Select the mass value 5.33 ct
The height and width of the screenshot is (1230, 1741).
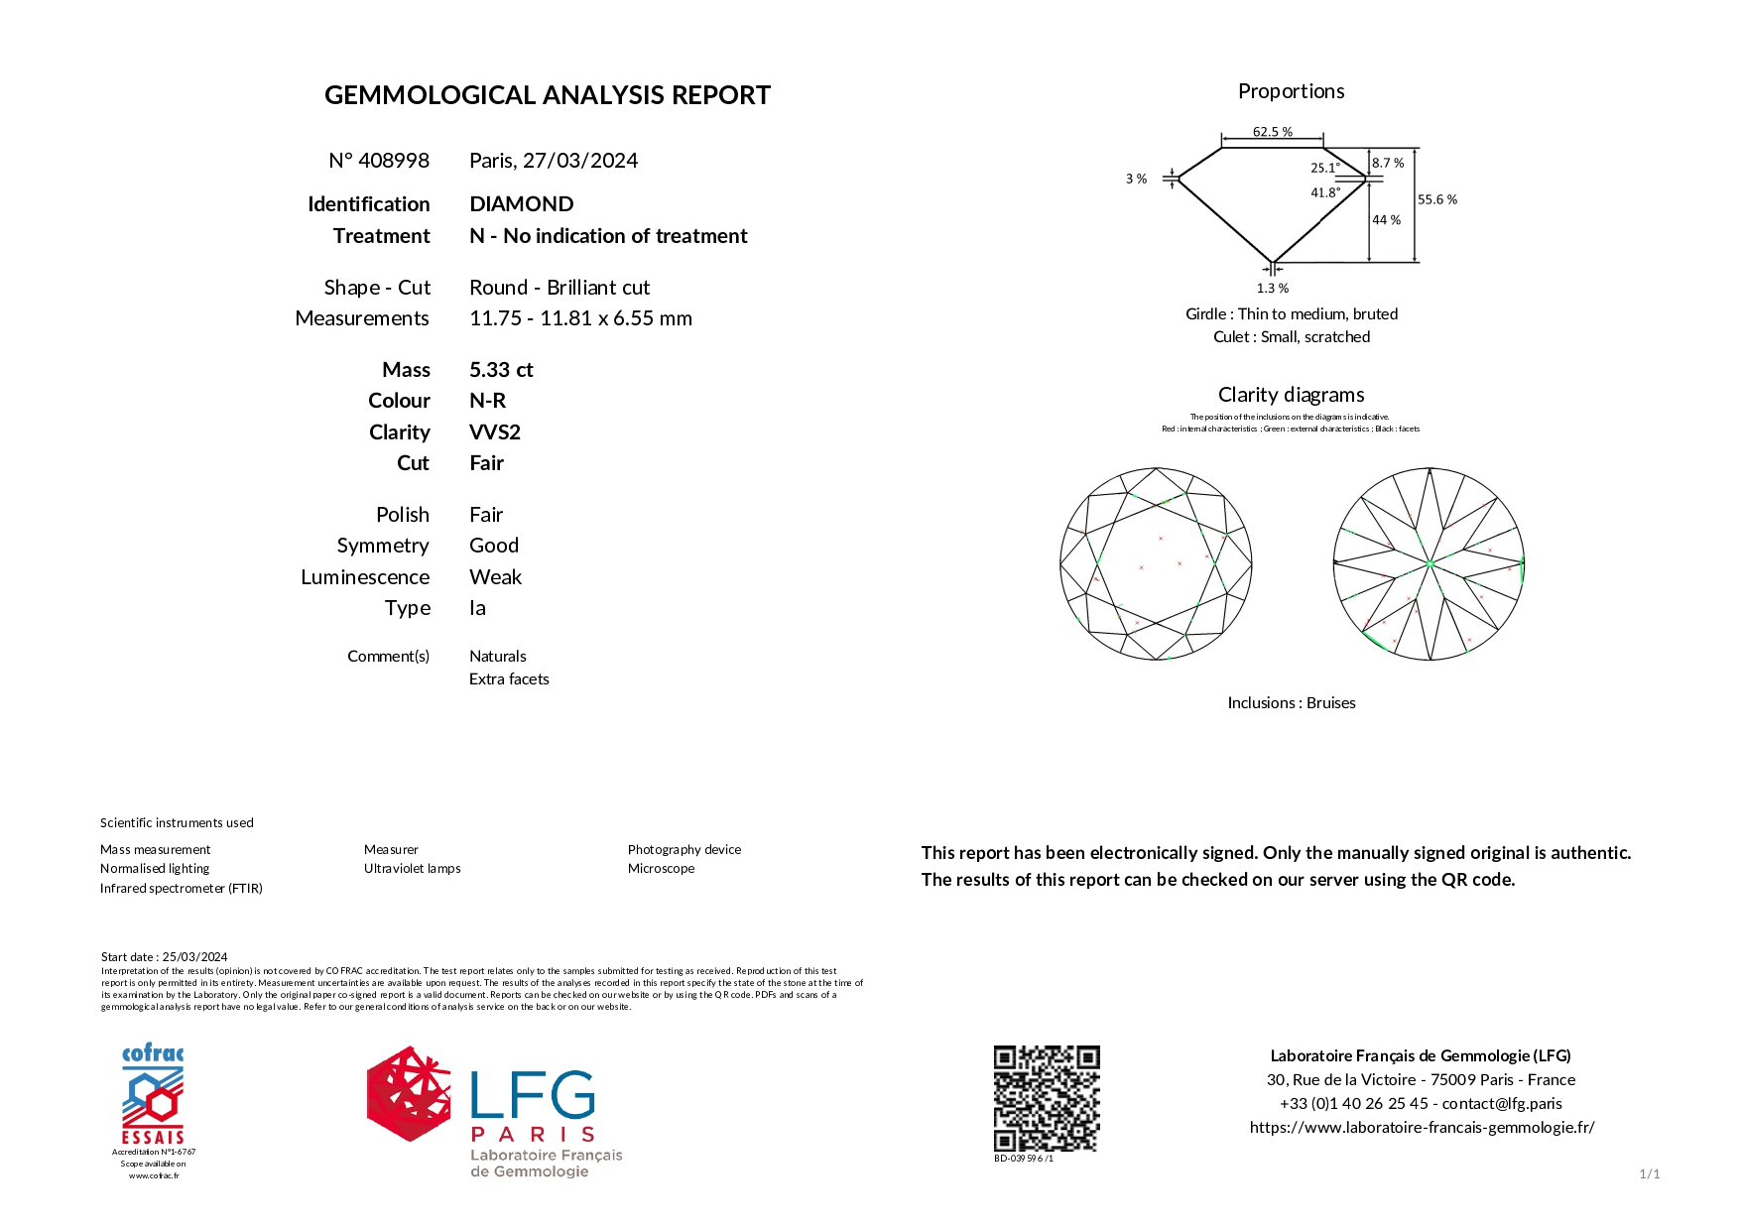tap(501, 370)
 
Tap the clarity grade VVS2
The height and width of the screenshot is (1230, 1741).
tap(495, 432)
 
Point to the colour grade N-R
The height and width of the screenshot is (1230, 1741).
tap(487, 401)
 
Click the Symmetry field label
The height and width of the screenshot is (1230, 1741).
tap(383, 546)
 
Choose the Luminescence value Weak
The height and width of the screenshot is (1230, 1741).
tap(495, 577)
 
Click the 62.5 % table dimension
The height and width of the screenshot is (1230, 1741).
tap(1272, 132)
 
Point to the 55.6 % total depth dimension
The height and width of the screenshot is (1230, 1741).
tap(1436, 199)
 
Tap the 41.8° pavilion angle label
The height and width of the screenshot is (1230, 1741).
tap(1324, 192)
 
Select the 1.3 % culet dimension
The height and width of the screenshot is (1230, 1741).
tap(1272, 289)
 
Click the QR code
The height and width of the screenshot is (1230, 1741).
tap(1047, 1097)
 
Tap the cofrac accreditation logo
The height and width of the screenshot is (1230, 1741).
tap(153, 1095)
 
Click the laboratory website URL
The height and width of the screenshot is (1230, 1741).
tap(1422, 1128)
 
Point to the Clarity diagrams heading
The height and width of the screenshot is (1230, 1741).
tap(1291, 395)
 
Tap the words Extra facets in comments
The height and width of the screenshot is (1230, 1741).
tap(509, 679)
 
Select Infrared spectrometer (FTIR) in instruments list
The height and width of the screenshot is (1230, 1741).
tap(182, 889)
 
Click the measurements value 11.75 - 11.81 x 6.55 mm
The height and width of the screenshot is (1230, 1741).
tap(580, 318)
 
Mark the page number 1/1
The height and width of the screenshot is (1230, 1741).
tap(1649, 1174)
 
